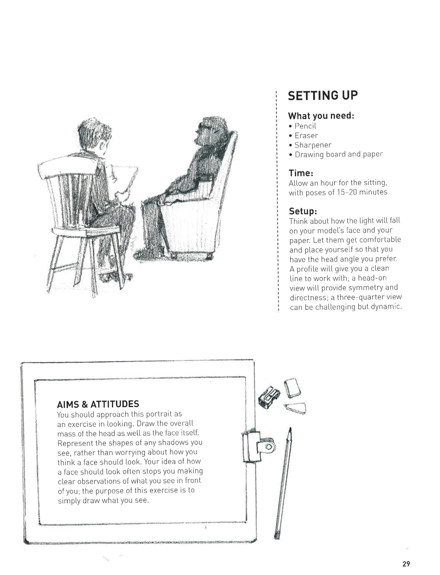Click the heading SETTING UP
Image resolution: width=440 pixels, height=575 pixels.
(x=323, y=95)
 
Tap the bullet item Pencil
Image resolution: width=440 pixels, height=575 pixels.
(x=305, y=126)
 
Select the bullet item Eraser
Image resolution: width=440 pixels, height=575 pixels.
(x=306, y=136)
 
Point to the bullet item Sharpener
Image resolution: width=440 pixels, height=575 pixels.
(x=313, y=145)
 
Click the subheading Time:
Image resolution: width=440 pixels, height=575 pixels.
(x=301, y=173)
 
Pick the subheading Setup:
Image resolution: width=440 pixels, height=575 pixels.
(x=303, y=211)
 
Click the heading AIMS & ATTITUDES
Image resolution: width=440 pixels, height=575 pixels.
(x=98, y=404)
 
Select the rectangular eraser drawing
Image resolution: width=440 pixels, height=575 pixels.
(x=292, y=388)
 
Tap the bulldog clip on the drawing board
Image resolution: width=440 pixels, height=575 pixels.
(x=258, y=446)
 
